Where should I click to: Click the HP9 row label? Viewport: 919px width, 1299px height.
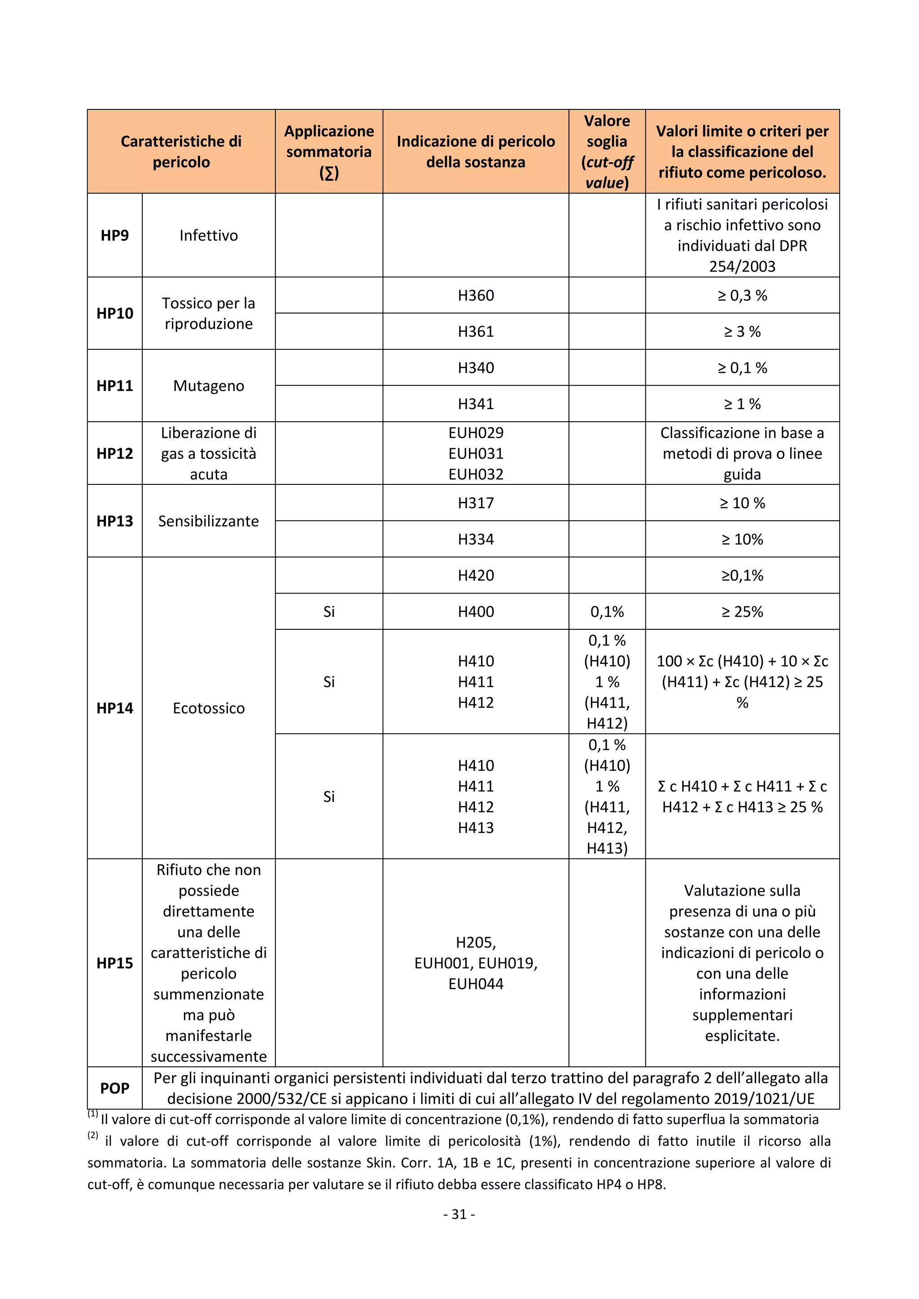114,235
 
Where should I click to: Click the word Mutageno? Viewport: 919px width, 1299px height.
208,386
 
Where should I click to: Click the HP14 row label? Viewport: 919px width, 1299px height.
114,708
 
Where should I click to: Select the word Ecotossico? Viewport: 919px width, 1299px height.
208,708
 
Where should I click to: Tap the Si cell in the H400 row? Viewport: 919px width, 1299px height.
329,611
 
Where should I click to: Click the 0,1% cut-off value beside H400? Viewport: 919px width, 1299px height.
607,611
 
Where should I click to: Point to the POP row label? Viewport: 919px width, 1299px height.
114,1088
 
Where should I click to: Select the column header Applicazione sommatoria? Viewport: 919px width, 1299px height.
329,152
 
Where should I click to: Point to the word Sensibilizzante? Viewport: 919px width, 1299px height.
208,521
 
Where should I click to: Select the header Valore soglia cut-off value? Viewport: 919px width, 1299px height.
607,152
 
